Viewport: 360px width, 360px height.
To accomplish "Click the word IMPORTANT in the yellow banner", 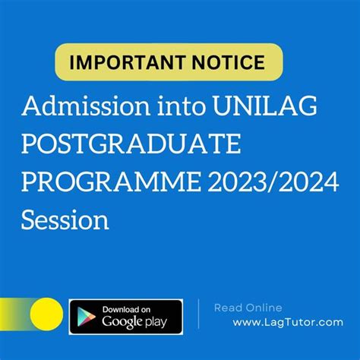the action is coord(128,62).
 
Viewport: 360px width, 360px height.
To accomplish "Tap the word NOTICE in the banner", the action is coord(229,62).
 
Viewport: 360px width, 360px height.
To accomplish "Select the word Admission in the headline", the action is coord(86,106).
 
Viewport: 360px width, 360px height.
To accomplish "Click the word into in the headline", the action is coord(182,106).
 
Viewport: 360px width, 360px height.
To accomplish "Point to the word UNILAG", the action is coord(265,106).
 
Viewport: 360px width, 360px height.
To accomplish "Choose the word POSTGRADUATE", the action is coord(131,144).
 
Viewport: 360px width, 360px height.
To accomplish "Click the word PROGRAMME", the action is coord(112,182).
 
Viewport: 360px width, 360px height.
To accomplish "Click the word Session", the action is coord(65,219).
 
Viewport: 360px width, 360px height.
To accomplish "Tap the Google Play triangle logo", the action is coord(86,317).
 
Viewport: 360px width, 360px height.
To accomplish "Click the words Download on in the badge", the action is coord(126,309).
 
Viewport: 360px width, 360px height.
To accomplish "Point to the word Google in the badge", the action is coord(122,322).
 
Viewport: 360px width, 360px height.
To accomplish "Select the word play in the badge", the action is coord(156,322).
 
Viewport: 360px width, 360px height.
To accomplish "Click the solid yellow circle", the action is coord(46,314).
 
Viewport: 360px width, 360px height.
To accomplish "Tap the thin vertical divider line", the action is coord(198,314).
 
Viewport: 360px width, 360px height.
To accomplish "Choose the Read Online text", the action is coord(248,308).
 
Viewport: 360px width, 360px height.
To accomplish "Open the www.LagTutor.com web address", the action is coord(288,323).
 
